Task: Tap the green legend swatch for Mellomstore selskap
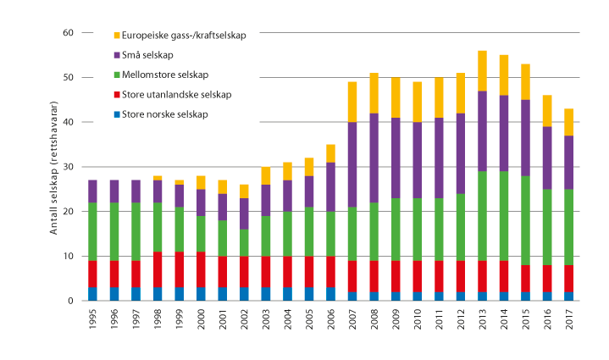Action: pos(116,75)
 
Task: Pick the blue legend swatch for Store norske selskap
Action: pos(116,114)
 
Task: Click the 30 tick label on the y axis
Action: pos(69,167)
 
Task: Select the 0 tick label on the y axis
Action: pos(71,301)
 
